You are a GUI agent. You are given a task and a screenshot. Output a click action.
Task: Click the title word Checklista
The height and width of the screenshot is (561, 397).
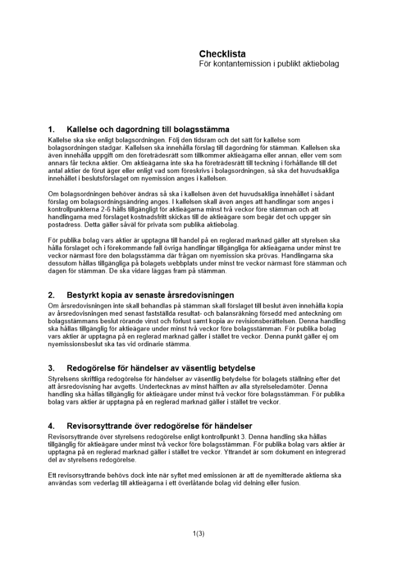tap(222, 54)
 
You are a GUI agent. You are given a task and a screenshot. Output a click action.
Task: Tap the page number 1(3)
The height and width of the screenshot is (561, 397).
tap(198, 534)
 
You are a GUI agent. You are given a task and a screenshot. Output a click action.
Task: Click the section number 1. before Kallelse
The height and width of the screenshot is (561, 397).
tap(52, 130)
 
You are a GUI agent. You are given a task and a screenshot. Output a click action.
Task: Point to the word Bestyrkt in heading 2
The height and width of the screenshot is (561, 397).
tap(83, 295)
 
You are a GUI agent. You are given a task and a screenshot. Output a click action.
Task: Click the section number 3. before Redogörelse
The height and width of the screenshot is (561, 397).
tap(52, 368)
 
